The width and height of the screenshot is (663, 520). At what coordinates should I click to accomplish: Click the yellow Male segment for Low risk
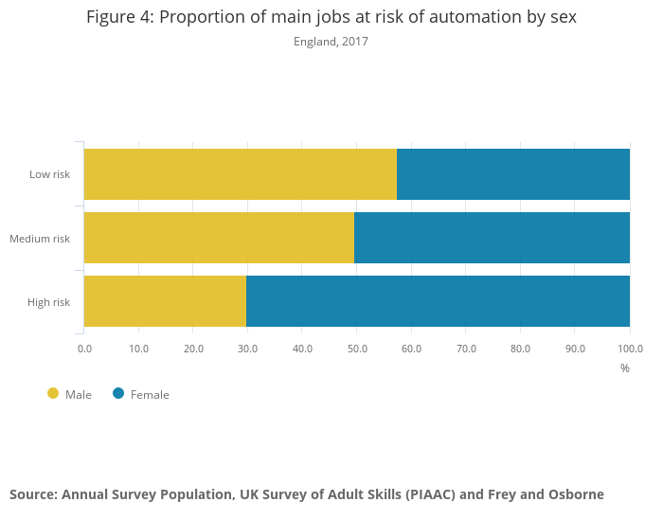coord(241,174)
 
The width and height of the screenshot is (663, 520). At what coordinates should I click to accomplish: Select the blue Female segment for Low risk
coord(513,174)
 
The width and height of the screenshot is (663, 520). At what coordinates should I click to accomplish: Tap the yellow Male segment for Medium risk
coord(219,238)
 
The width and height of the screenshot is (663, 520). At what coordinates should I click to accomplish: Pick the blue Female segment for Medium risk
coord(492,238)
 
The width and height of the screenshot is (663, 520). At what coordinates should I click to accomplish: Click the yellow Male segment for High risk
coord(165,301)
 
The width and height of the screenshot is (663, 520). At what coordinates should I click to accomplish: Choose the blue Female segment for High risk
coord(438,301)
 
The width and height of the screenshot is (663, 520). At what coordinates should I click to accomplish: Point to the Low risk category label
coord(49,174)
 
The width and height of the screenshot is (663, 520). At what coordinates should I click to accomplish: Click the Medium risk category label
coord(40,239)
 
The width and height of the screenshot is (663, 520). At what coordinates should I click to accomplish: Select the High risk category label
coord(48,302)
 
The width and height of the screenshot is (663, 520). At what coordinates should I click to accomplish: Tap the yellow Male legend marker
coord(53,393)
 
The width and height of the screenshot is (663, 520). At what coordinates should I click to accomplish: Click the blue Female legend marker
coord(118,393)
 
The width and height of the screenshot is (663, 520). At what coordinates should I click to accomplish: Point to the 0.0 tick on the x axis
coord(84,349)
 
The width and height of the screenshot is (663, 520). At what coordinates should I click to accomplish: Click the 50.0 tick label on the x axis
coord(357,349)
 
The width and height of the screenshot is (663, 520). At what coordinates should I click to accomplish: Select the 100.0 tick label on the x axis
coord(630,349)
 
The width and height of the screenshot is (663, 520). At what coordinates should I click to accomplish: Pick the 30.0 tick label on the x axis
coord(248,349)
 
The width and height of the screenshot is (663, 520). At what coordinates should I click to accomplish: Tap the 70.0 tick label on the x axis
coord(466,349)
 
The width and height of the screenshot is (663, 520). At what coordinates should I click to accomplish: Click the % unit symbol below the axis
coord(625,368)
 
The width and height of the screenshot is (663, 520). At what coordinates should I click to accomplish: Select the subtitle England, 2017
coord(331,42)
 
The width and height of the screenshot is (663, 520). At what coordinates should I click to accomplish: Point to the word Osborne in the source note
coord(574,494)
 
